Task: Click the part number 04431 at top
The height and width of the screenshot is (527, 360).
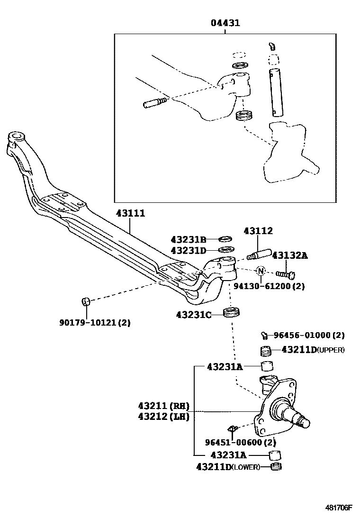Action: pyautogui.click(x=225, y=23)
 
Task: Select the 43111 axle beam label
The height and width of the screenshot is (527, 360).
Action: pyautogui.click(x=130, y=214)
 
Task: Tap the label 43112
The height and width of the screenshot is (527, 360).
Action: pyautogui.click(x=258, y=231)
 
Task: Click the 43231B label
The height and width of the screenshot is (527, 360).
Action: pyautogui.click(x=189, y=240)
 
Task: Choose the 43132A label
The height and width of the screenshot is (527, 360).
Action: pyautogui.click(x=289, y=256)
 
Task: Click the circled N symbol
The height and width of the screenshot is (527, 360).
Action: pyautogui.click(x=261, y=272)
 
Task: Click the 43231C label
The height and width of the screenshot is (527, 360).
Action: pyautogui.click(x=193, y=314)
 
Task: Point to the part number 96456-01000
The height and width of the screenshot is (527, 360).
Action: pyautogui.click(x=303, y=335)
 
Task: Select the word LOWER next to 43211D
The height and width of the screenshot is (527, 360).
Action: pyautogui.click(x=246, y=467)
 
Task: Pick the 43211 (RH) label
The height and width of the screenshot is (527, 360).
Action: pyautogui.click(x=164, y=406)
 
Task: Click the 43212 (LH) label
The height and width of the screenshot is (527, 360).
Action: pyautogui.click(x=164, y=417)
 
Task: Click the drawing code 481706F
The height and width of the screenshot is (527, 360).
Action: pyautogui.click(x=339, y=508)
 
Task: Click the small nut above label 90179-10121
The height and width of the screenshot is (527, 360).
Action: pyautogui.click(x=86, y=301)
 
